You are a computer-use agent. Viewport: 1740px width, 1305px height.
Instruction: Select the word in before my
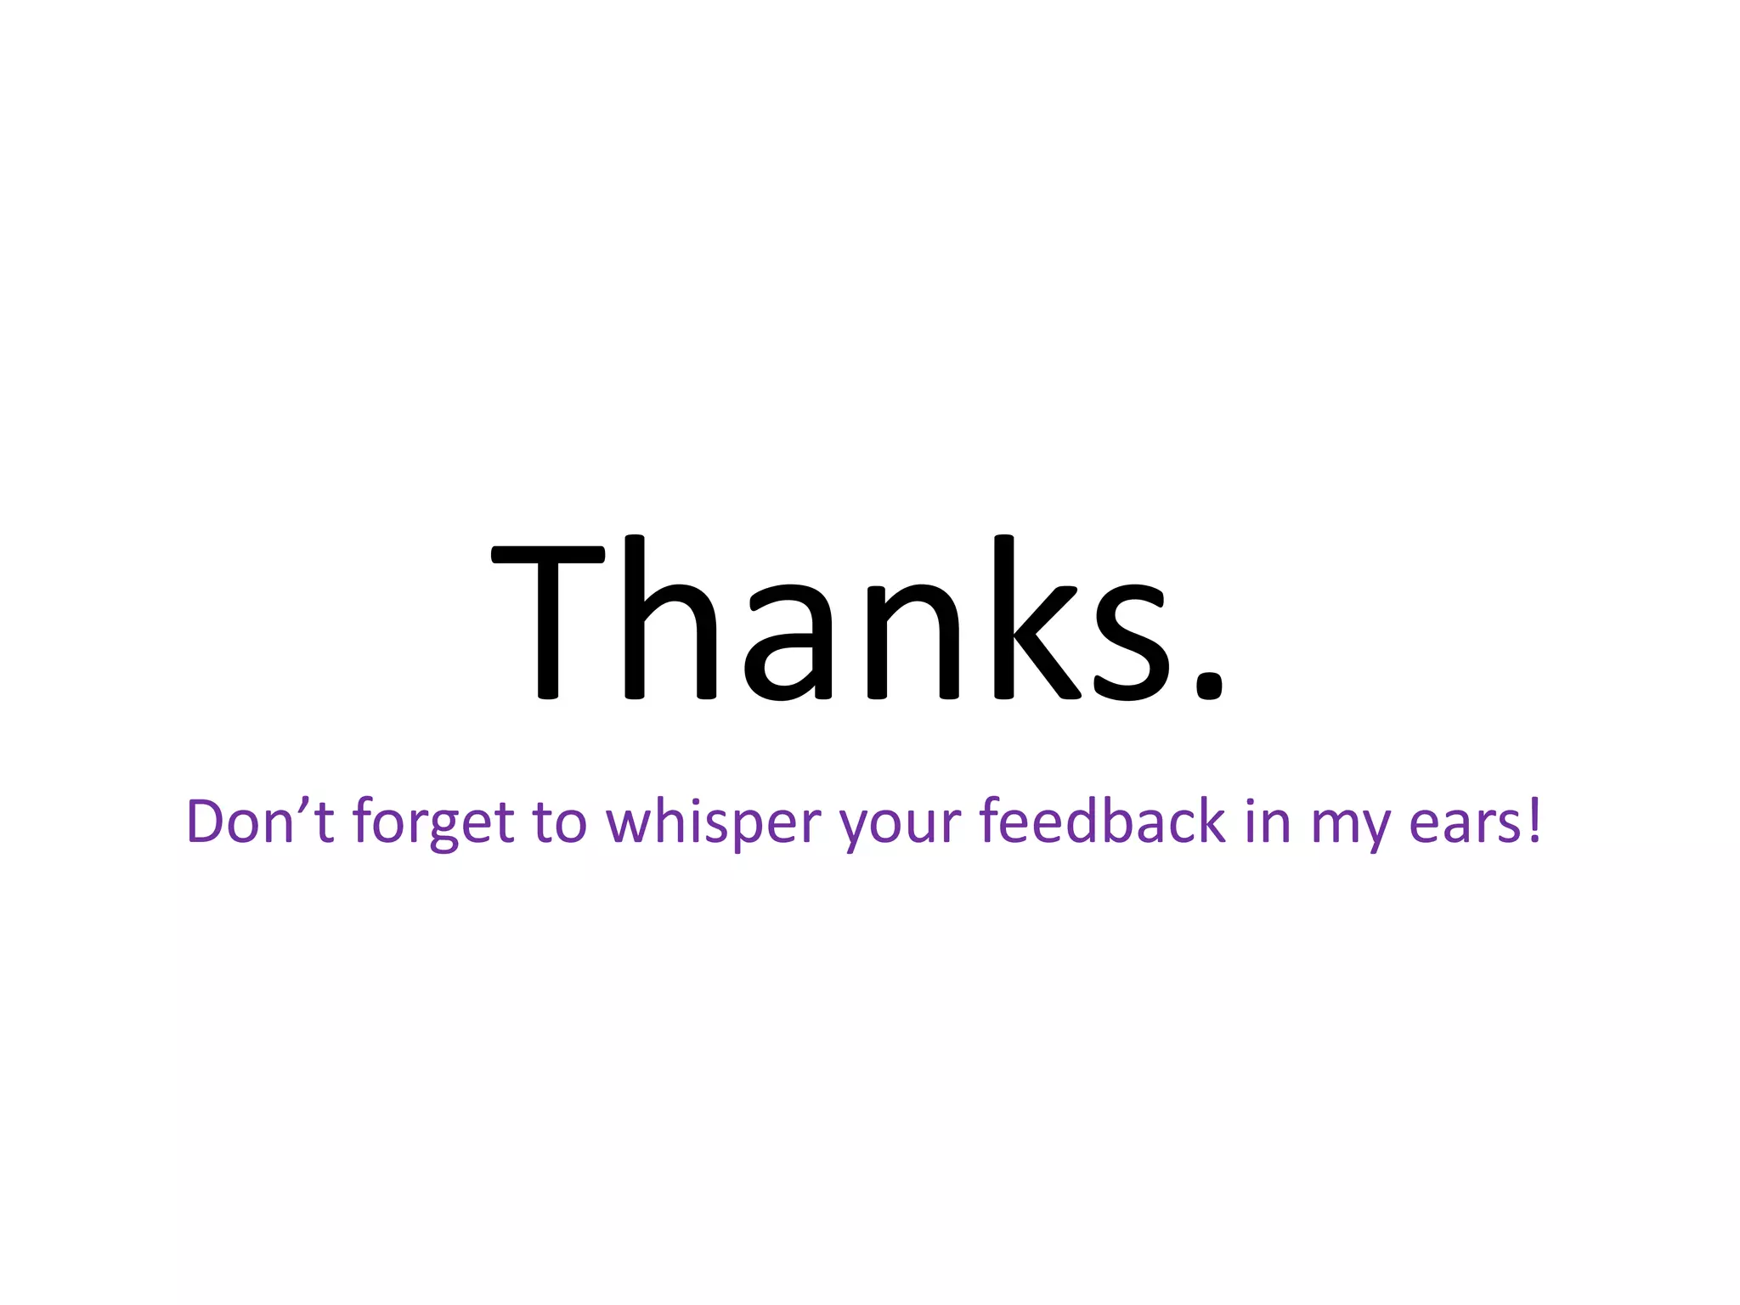(x=1268, y=822)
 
